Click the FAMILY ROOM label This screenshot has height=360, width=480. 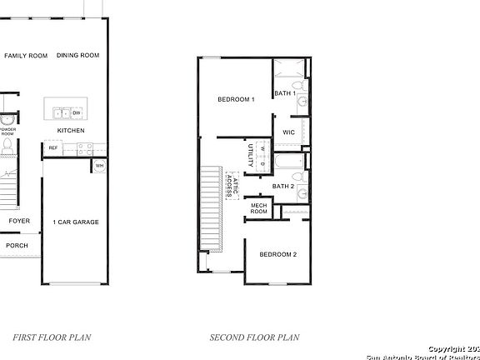(x=26, y=56)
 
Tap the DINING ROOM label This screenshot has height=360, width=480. (x=78, y=56)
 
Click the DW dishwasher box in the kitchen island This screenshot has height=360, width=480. (x=76, y=112)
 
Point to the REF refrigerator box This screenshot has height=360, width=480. (x=53, y=148)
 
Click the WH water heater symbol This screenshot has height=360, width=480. (x=99, y=165)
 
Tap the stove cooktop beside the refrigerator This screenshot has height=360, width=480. (x=83, y=147)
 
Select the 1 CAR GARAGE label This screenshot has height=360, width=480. (x=76, y=222)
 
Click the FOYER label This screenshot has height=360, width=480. (x=19, y=221)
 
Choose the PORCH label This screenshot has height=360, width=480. (x=17, y=245)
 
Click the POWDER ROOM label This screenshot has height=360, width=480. (x=7, y=131)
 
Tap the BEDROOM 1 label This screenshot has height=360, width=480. (x=236, y=99)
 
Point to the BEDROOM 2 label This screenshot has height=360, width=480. (x=277, y=254)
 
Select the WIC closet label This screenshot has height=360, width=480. (x=289, y=132)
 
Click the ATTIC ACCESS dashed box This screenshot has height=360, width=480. (x=232, y=184)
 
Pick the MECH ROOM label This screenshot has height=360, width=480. (x=259, y=209)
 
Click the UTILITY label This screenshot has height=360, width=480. (x=251, y=155)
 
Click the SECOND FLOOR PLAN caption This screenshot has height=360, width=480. (x=254, y=337)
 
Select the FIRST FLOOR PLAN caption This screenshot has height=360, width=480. (x=52, y=337)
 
